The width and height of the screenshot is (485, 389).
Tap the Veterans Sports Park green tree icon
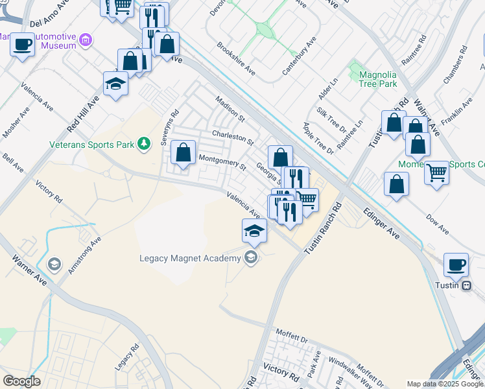coord(145,143)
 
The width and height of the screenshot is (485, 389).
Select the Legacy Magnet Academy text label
coord(189,258)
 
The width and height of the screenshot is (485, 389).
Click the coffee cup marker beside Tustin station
coord(456,265)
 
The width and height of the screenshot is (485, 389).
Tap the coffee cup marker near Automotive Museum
coord(23,46)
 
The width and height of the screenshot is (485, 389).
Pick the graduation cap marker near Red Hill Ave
coord(116,84)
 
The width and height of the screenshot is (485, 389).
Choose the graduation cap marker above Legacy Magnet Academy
coord(254,231)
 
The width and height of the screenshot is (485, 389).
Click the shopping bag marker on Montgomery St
coord(183,154)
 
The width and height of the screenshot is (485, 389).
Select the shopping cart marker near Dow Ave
coord(437,173)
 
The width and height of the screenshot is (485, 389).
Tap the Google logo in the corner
coord(21,381)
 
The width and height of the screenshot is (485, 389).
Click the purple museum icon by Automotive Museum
coord(85,41)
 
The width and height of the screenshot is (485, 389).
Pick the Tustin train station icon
coord(466,286)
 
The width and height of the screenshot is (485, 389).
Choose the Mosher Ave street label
coord(16,121)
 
